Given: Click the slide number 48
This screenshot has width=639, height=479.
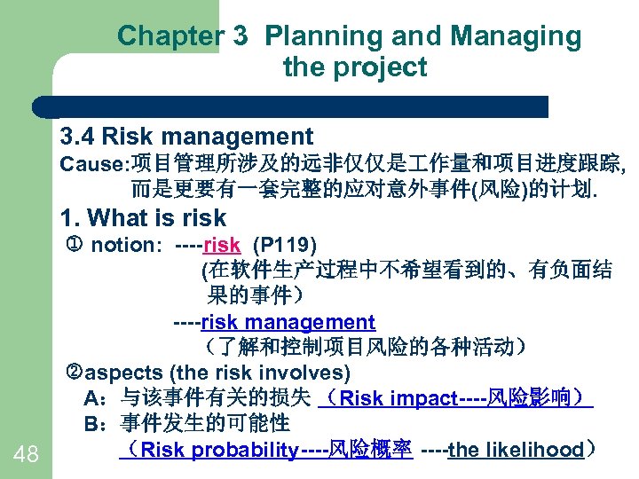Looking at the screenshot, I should pos(27,455).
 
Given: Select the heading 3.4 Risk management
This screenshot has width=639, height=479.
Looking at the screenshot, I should pos(186,137).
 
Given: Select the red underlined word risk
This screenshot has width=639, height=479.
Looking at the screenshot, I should pos(221,244).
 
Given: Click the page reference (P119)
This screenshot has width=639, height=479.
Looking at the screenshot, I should pos(285,244).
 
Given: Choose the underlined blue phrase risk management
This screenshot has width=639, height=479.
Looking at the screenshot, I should pos(288,322).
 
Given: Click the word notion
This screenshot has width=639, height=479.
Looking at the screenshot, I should pos(124,244).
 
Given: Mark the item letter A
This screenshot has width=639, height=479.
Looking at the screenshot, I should pos(91,398).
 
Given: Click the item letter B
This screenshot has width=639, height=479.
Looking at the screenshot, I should pos(91,424).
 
